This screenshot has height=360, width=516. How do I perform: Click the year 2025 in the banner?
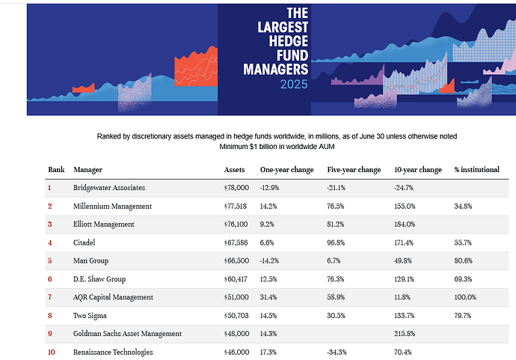pyautogui.click(x=294, y=85)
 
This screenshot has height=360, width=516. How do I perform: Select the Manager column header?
pyautogui.click(x=88, y=170)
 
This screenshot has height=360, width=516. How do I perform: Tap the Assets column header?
pyautogui.click(x=235, y=170)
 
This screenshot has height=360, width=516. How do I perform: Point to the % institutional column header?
pyautogui.click(x=476, y=170)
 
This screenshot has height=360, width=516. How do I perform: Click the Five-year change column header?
pyautogui.click(x=354, y=170)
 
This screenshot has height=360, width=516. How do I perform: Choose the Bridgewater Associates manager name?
pyautogui.click(x=109, y=187)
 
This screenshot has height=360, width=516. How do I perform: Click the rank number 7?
pyautogui.click(x=50, y=297)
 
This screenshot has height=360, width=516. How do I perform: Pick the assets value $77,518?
pyautogui.click(x=239, y=206)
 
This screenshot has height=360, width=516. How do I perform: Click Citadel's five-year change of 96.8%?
pyautogui.click(x=339, y=242)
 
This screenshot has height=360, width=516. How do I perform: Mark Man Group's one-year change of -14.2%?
pyautogui.click(x=271, y=260)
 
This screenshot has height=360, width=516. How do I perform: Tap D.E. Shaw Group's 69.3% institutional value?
pyautogui.click(x=464, y=278)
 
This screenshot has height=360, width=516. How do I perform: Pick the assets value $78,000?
pyautogui.click(x=239, y=187)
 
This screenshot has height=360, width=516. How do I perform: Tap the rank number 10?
pyautogui.click(x=52, y=352)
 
